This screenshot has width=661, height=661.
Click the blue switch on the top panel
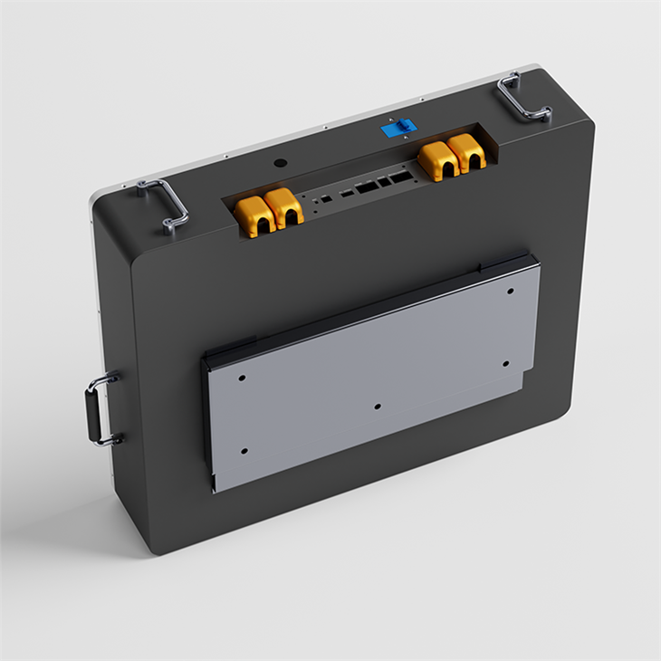pos(393,129)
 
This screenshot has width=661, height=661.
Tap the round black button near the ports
pos(280,164)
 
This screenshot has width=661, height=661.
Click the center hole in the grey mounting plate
pos(378,407)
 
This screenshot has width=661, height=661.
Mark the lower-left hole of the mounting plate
pos(244,450)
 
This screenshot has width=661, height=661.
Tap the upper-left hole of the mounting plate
pos(242,376)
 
